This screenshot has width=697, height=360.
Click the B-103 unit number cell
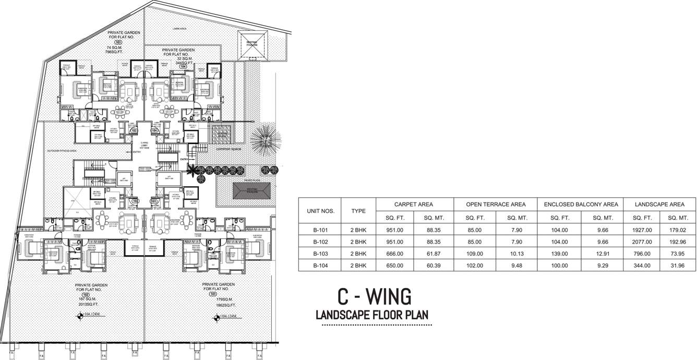tap(319, 254)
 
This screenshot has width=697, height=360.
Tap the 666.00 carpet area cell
tap(394, 254)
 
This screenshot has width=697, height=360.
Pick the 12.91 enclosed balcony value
tap(599, 254)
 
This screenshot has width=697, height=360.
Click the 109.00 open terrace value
tap(474, 254)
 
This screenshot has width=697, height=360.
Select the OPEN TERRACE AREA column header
tap(495, 205)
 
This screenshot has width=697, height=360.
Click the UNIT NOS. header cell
tap(319, 211)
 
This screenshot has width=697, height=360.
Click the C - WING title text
tap(374, 296)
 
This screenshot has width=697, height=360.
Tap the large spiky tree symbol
tap(263, 140)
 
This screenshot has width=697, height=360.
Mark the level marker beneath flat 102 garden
tap(79, 315)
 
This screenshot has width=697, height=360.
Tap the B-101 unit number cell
tap(319, 230)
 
